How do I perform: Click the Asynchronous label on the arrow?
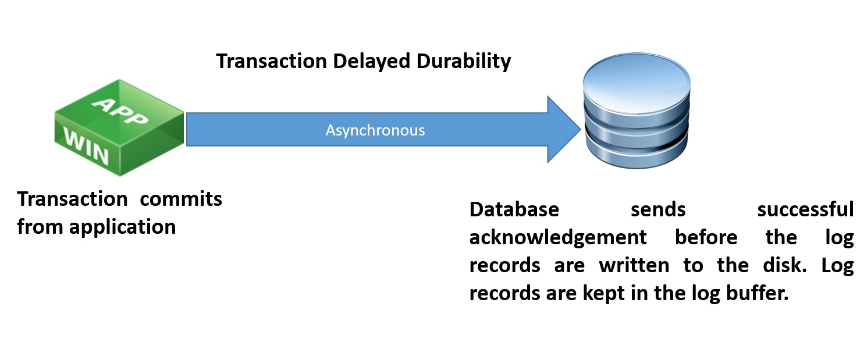[375, 130]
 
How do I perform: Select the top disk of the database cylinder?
[637, 81]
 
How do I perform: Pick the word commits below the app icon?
[182, 199]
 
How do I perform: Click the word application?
[123, 226]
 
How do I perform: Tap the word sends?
[658, 209]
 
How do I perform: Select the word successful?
[805, 209]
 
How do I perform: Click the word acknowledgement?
[558, 237]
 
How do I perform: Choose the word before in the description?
[706, 237]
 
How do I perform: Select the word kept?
[607, 293]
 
